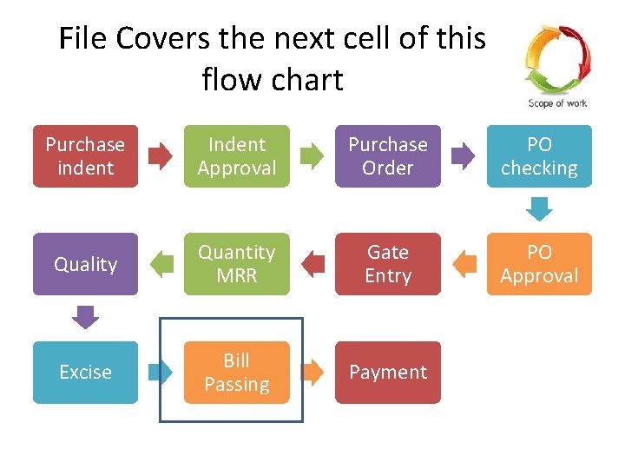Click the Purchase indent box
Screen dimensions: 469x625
(x=85, y=156)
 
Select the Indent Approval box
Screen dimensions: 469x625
(x=236, y=156)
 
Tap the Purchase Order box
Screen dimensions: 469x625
(x=387, y=156)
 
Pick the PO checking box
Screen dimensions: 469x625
(x=539, y=156)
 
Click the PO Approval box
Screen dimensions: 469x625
(x=539, y=264)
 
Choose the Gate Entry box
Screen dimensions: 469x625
(x=387, y=264)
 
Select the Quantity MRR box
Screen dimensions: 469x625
(x=236, y=264)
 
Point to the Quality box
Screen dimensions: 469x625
(x=85, y=264)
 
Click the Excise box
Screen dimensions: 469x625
(x=85, y=372)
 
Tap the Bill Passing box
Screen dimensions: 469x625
(x=236, y=372)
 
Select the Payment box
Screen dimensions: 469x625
(x=387, y=372)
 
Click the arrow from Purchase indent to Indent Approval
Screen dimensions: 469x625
(x=161, y=156)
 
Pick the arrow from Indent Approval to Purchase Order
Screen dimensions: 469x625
(x=312, y=156)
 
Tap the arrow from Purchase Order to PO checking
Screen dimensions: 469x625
(x=464, y=156)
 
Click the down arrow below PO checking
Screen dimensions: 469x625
(x=539, y=209)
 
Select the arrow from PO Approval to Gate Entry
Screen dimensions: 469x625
(x=464, y=264)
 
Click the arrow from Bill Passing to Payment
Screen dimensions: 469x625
(x=312, y=372)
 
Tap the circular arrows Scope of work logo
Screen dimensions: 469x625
(x=557, y=61)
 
